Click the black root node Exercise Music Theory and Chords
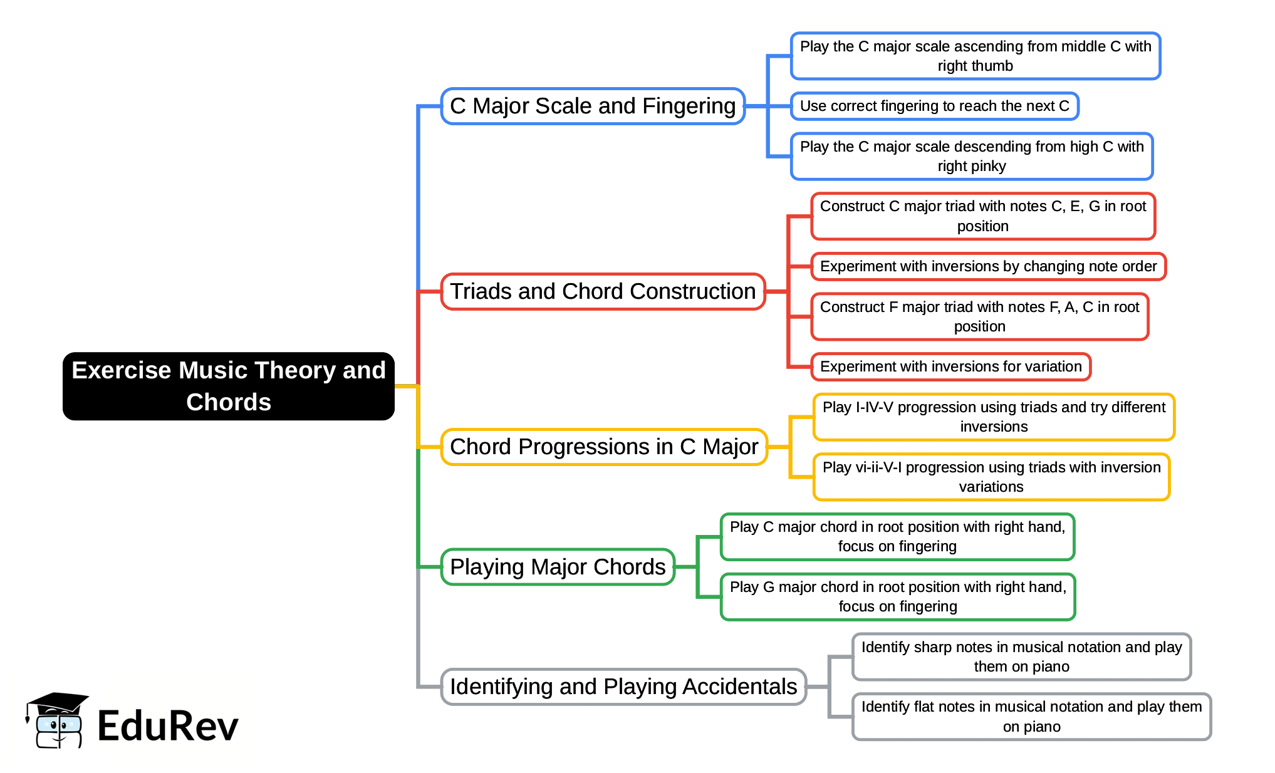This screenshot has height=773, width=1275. (x=228, y=386)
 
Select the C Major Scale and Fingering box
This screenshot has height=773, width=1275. (x=593, y=106)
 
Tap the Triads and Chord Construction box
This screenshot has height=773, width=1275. (x=603, y=291)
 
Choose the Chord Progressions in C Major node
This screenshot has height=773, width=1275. (x=604, y=447)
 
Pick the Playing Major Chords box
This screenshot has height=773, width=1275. (x=558, y=567)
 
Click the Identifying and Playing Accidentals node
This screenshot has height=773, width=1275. (x=623, y=687)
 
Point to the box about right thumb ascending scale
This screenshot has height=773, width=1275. (x=975, y=56)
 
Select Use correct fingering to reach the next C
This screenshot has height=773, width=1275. (x=934, y=106)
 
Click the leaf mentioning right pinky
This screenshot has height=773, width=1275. (x=971, y=156)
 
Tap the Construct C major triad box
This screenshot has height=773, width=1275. (x=982, y=216)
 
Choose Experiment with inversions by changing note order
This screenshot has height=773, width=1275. (x=988, y=266)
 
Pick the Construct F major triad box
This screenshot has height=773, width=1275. (x=979, y=316)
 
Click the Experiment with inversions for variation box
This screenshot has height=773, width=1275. (x=950, y=366)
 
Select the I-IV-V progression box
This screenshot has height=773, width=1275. (x=994, y=417)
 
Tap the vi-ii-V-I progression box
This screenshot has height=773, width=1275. (x=991, y=477)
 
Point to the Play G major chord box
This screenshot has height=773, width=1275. (x=898, y=596)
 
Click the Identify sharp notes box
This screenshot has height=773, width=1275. (x=1021, y=656)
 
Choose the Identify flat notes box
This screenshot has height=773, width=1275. (x=1031, y=717)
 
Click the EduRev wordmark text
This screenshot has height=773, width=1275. (x=168, y=726)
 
